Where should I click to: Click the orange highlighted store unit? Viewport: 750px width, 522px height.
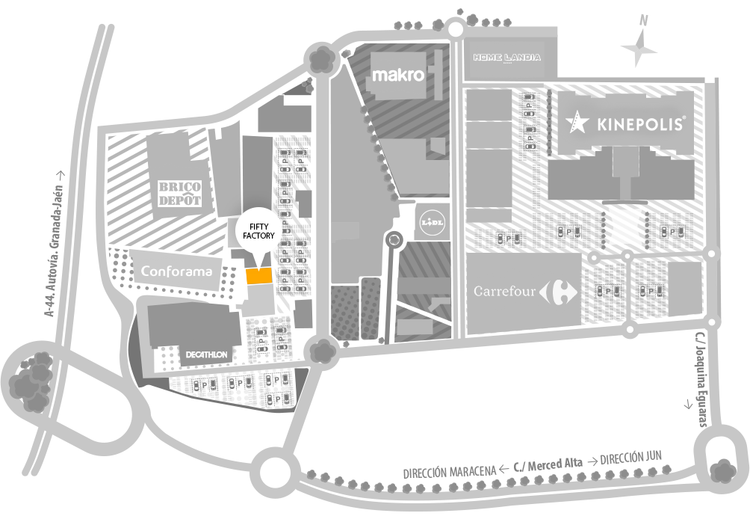258,276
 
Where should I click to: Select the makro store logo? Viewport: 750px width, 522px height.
398,75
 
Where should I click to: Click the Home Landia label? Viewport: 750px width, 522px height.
507,58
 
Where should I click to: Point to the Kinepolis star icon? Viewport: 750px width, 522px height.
577,122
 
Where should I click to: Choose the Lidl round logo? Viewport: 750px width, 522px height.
432,222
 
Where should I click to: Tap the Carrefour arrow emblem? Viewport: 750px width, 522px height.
558,292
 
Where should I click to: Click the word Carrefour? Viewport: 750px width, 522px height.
504,291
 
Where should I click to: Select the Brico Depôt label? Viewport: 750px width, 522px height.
179,194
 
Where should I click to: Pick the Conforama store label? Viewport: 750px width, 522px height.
176,271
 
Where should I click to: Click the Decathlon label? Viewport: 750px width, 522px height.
207,355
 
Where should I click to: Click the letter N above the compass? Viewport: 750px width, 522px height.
644,21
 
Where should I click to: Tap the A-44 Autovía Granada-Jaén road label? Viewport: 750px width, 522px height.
54,244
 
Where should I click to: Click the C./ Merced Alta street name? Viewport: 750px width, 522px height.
548,465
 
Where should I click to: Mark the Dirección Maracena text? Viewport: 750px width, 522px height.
450,472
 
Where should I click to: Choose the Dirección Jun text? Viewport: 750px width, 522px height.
631,458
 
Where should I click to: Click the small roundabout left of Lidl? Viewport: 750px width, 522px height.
394,239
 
